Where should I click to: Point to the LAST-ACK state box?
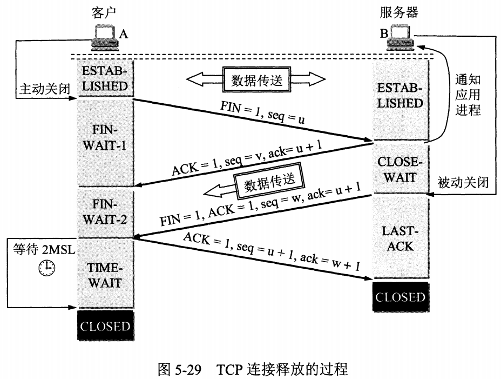(x=400, y=238)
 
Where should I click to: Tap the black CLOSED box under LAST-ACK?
(x=400, y=297)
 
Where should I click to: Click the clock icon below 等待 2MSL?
(x=47, y=267)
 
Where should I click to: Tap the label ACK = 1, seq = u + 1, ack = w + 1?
(x=270, y=251)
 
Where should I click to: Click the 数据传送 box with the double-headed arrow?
(x=256, y=80)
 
